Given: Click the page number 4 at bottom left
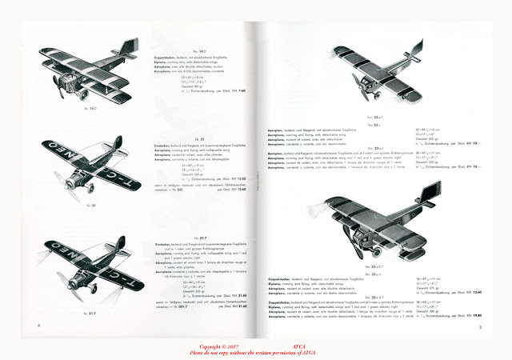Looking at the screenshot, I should pyautogui.click(x=38, y=326).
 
